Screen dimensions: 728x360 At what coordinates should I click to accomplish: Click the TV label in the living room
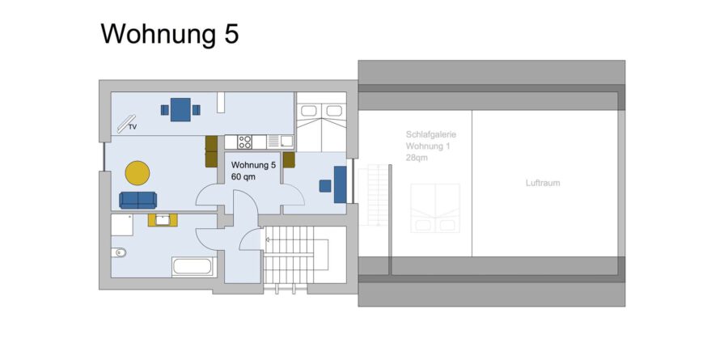coord(133,126)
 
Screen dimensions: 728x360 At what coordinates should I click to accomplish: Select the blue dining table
coord(180,110)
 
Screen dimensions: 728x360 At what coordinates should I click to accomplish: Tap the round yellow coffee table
coord(138,173)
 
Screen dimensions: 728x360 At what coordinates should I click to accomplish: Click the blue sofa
coord(138,200)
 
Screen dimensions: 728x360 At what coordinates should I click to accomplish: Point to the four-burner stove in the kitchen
coord(244,142)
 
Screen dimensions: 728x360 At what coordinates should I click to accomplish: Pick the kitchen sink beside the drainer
coord(286,142)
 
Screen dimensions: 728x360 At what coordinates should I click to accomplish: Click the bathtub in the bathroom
coord(193,267)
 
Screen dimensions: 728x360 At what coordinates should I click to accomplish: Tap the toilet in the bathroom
coord(119,252)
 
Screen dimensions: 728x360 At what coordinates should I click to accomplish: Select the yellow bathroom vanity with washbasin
coord(163,220)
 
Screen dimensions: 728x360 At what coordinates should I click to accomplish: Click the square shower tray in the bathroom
coord(122,224)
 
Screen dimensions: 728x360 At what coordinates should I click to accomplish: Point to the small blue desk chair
coord(325,186)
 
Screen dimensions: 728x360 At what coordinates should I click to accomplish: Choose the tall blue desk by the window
coord(340,184)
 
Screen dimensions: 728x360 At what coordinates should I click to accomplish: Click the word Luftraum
coord(543,183)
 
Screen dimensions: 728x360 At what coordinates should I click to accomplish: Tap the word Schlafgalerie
coord(431,135)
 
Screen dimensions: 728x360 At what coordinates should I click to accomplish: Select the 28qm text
coord(417,158)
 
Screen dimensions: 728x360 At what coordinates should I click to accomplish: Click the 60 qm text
coord(243,176)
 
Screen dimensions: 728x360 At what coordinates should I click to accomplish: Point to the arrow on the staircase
coord(268,239)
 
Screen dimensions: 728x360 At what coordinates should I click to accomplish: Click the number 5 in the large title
coord(231,34)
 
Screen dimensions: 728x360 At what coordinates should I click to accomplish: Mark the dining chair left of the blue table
coord(165,110)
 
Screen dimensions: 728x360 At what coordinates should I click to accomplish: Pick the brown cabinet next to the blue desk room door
coord(289,160)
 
